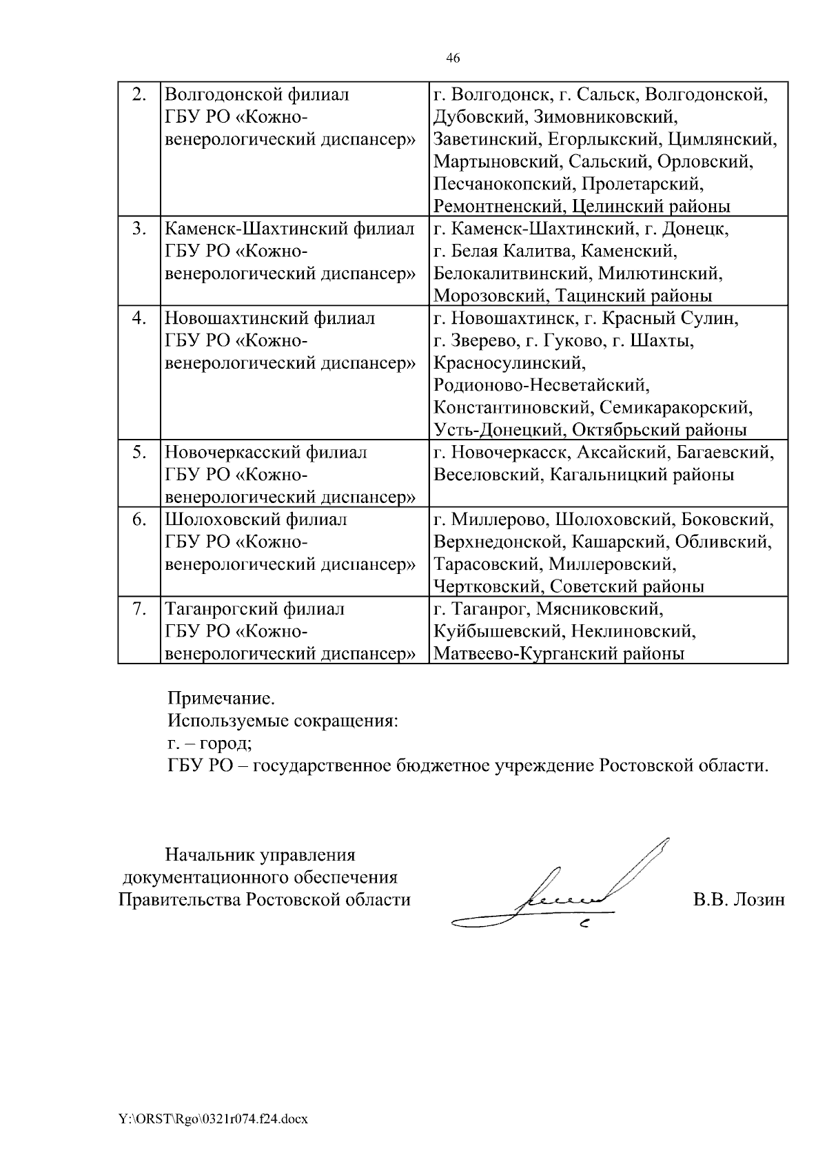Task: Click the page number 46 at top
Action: [x=453, y=58]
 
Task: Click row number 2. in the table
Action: [x=139, y=94]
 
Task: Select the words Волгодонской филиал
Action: [x=257, y=94]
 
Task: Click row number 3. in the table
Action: [x=139, y=229]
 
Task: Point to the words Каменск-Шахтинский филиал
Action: [x=290, y=229]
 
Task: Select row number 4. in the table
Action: [x=139, y=318]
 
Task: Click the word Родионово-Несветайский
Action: [x=542, y=385]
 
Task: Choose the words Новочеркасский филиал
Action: [x=266, y=453]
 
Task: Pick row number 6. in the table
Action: [x=139, y=520]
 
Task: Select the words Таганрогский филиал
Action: [x=254, y=609]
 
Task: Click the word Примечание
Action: [x=221, y=698]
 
